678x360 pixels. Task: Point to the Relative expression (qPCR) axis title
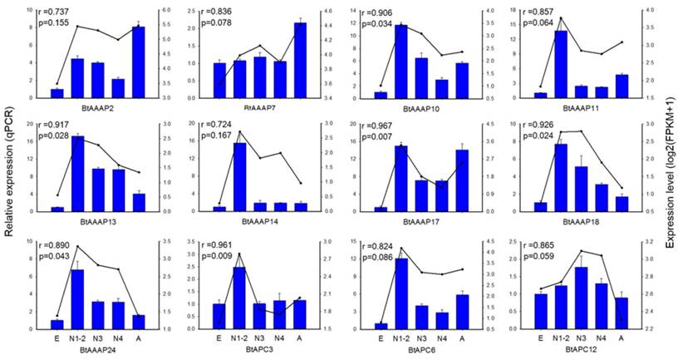pos(9,179)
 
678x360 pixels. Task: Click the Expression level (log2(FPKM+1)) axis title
pos(669,179)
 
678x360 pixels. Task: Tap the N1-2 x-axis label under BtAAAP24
pos(78,339)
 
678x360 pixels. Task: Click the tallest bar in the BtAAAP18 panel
pos(562,178)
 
